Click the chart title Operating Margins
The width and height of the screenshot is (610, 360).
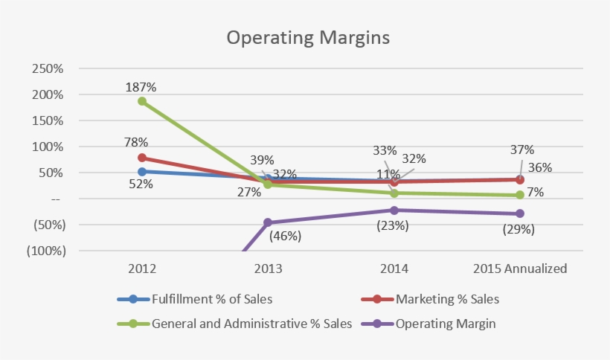(x=308, y=38)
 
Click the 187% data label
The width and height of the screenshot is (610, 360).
(x=141, y=86)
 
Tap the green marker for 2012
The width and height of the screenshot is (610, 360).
(x=141, y=101)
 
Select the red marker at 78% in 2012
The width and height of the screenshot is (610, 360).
(x=141, y=158)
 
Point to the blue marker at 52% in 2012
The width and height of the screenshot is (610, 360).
(x=141, y=171)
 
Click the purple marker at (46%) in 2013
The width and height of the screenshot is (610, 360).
(x=268, y=222)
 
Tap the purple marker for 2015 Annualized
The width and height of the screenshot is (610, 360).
(x=519, y=214)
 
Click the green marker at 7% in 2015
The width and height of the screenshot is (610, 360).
(x=519, y=195)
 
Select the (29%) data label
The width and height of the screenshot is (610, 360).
(x=518, y=230)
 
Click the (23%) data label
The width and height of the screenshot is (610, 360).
(x=392, y=225)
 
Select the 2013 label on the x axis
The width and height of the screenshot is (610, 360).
(x=267, y=269)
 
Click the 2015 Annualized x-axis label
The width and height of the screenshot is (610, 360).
(x=519, y=269)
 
